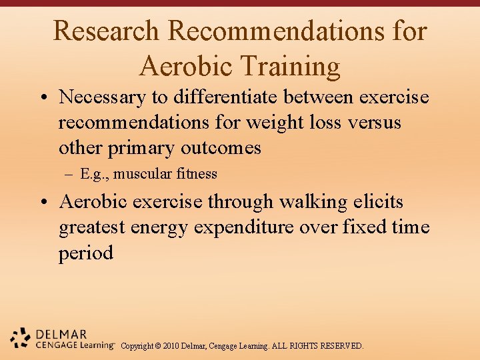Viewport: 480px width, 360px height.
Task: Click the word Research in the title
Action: [106, 31]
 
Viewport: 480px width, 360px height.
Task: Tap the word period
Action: [86, 253]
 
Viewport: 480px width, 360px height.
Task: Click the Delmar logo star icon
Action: [21, 339]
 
